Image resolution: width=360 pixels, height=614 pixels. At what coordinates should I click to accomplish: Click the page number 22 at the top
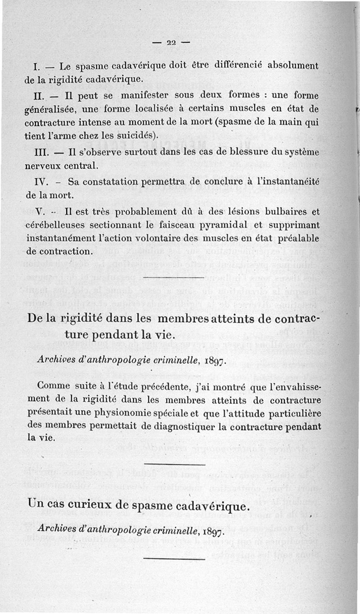[x=171, y=43]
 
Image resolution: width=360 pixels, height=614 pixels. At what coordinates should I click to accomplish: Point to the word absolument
[x=293, y=66]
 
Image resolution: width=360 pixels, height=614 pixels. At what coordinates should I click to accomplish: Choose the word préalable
[x=297, y=237]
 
